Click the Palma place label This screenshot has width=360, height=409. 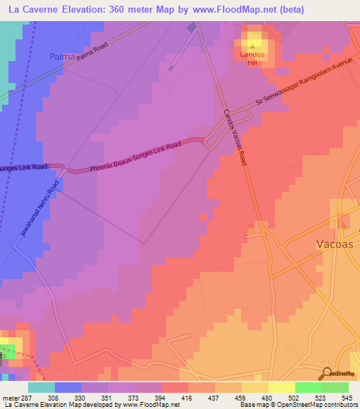62,56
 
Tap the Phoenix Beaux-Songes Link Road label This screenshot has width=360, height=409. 136,157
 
